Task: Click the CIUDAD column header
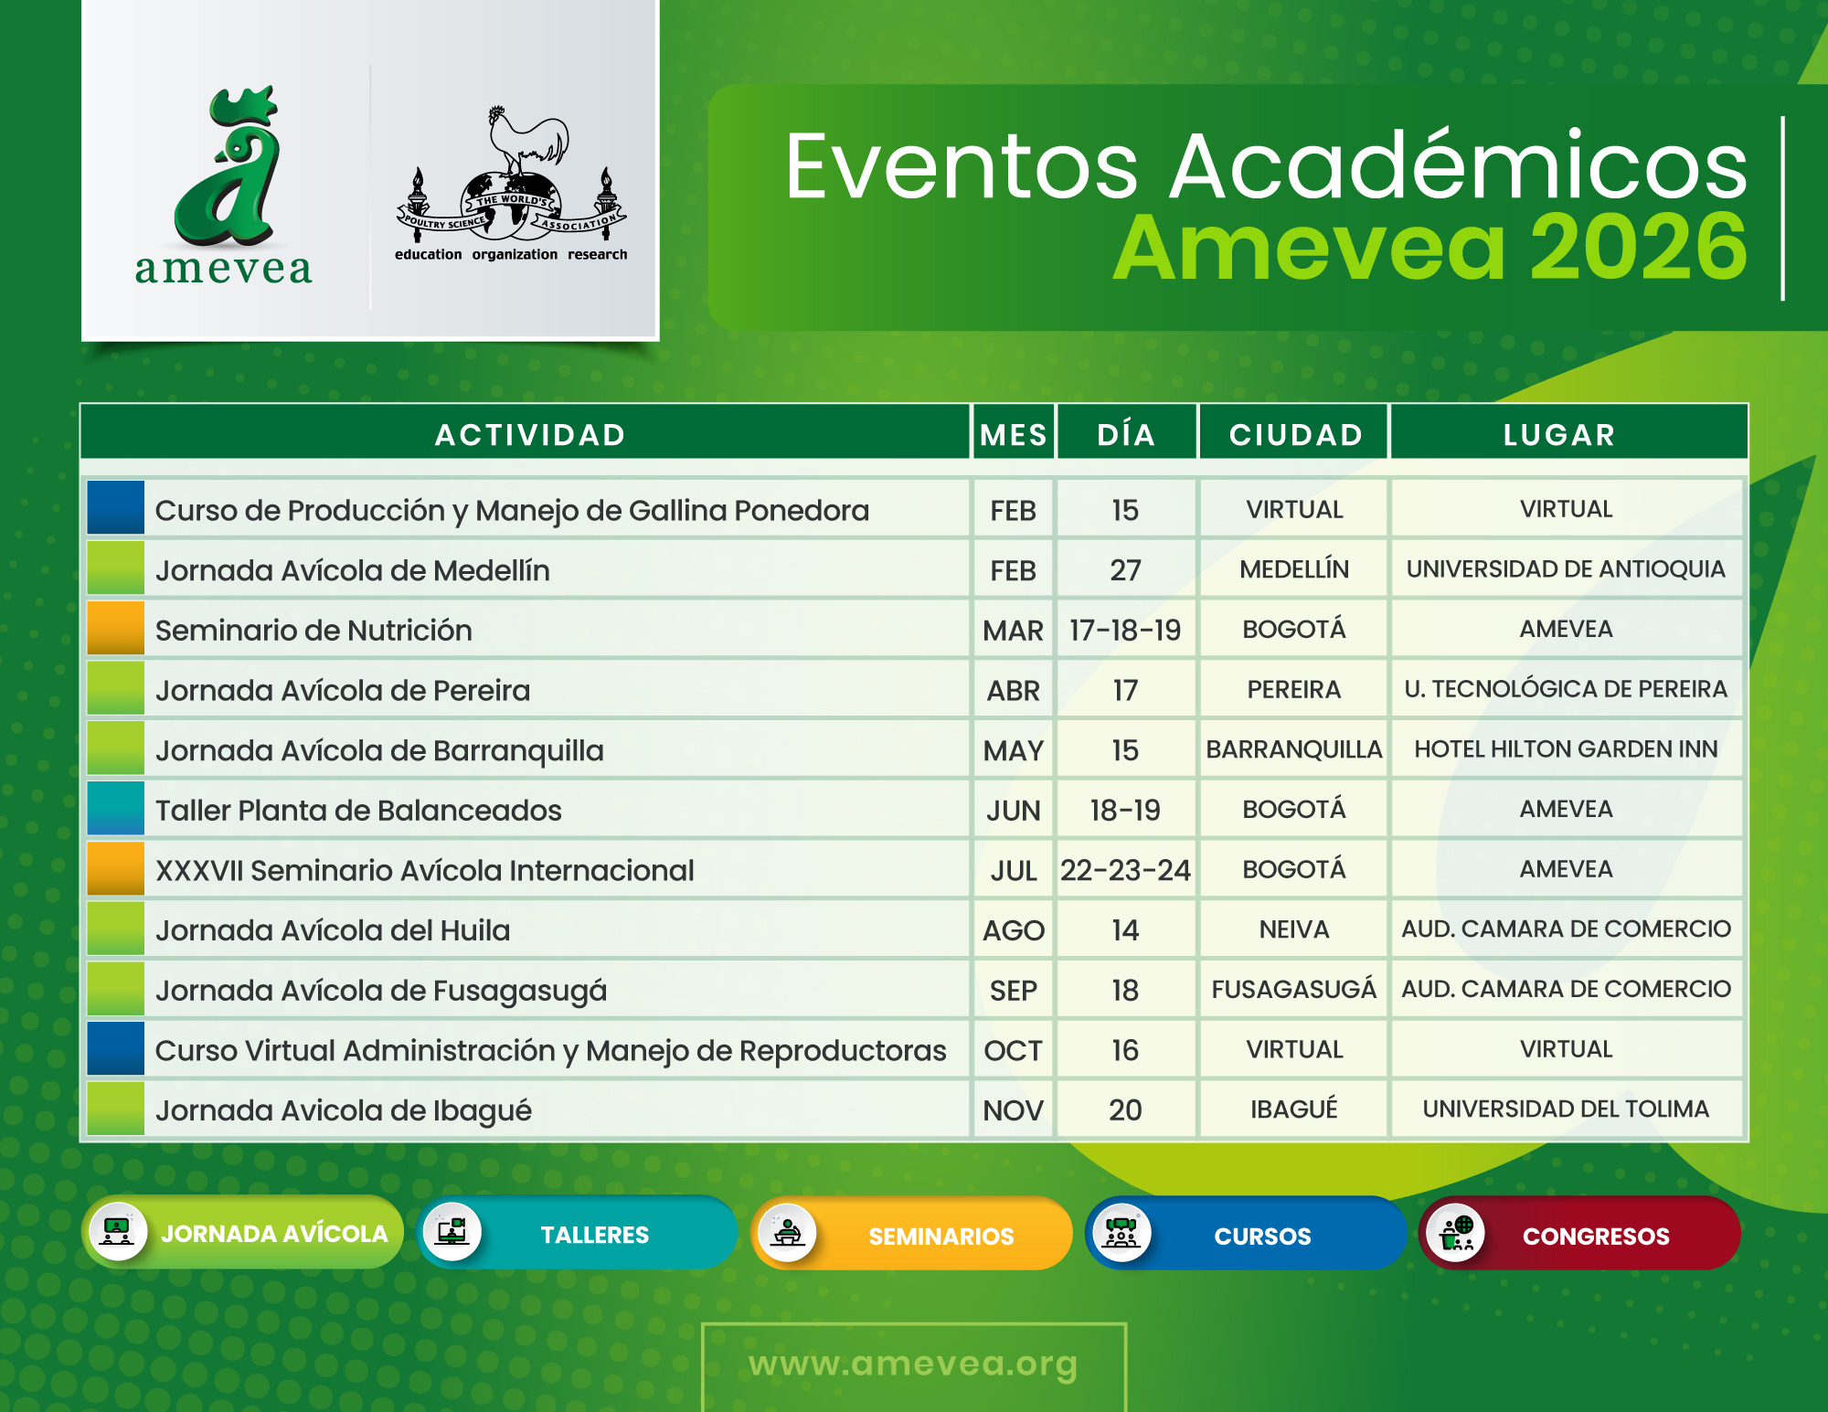pyautogui.click(x=1295, y=435)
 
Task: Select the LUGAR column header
pyautogui.click(x=1559, y=435)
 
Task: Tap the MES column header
pyautogui.click(x=1013, y=435)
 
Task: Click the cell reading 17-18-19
pyautogui.click(x=1125, y=631)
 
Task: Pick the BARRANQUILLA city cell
pyautogui.click(x=1293, y=749)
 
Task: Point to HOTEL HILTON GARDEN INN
pyautogui.click(x=1566, y=749)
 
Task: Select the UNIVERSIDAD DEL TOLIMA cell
pyautogui.click(x=1566, y=1109)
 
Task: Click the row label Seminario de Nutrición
pyautogui.click(x=314, y=631)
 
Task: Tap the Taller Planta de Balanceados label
pyautogui.click(x=358, y=811)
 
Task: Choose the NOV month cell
pyautogui.click(x=1013, y=1110)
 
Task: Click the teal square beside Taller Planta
pyautogui.click(x=116, y=809)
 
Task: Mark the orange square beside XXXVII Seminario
pyautogui.click(x=116, y=869)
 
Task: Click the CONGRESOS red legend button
pyautogui.click(x=1579, y=1235)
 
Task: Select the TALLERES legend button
pyautogui.click(x=578, y=1234)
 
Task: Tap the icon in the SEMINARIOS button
pyautogui.click(x=787, y=1234)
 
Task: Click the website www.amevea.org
pyautogui.click(x=913, y=1364)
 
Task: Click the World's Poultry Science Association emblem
pyautogui.click(x=512, y=183)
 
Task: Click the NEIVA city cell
pyautogui.click(x=1293, y=929)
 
